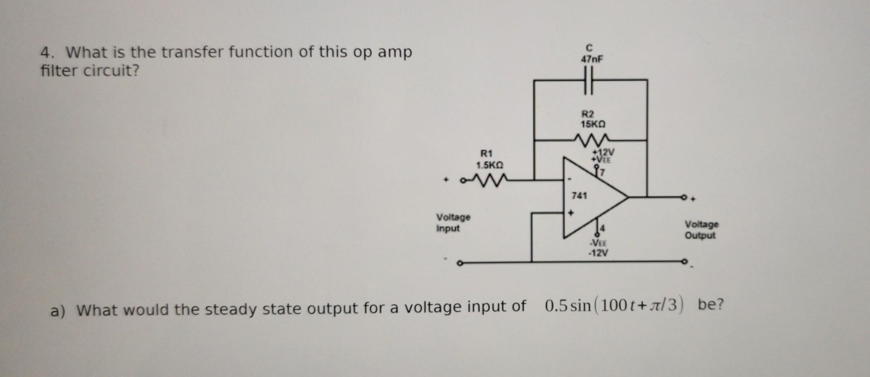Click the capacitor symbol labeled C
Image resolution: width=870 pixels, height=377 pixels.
[588, 80]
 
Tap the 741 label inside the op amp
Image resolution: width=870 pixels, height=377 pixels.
[579, 196]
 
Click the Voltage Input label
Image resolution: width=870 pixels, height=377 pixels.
[453, 222]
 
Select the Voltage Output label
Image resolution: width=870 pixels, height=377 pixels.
[701, 230]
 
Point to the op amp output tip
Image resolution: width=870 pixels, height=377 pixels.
[627, 197]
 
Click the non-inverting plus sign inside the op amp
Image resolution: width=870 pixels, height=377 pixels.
[571, 213]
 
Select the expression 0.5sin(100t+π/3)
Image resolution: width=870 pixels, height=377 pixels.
[614, 305]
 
